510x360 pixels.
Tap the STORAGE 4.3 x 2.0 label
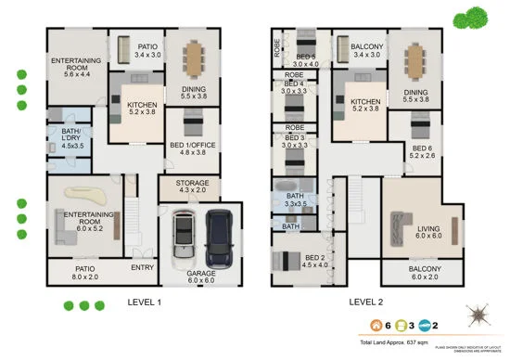coord(189,186)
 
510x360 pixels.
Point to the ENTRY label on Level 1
coord(143,267)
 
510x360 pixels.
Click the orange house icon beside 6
coord(376,326)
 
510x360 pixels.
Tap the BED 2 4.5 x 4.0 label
coord(315,262)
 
